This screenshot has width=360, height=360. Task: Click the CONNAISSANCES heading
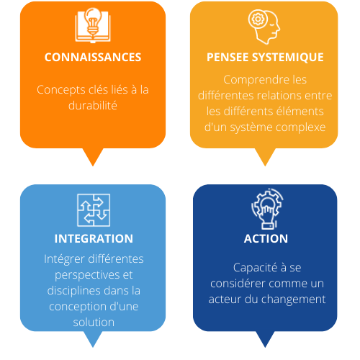93,57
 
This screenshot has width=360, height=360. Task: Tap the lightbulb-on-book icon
93,25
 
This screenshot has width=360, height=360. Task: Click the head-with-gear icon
264,27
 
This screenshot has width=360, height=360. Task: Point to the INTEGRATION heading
94,238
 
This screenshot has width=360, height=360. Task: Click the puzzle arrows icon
94,210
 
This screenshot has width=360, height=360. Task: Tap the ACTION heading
266,238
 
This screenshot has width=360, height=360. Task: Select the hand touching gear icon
267,209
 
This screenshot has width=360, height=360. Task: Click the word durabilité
93,105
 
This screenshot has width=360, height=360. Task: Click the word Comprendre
256,80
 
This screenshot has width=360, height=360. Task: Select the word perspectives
87,275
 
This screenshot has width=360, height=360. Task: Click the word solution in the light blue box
94,322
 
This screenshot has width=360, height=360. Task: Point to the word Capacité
255,268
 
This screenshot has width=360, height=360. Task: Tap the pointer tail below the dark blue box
265,339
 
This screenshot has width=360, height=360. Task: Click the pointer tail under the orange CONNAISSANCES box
93,157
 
